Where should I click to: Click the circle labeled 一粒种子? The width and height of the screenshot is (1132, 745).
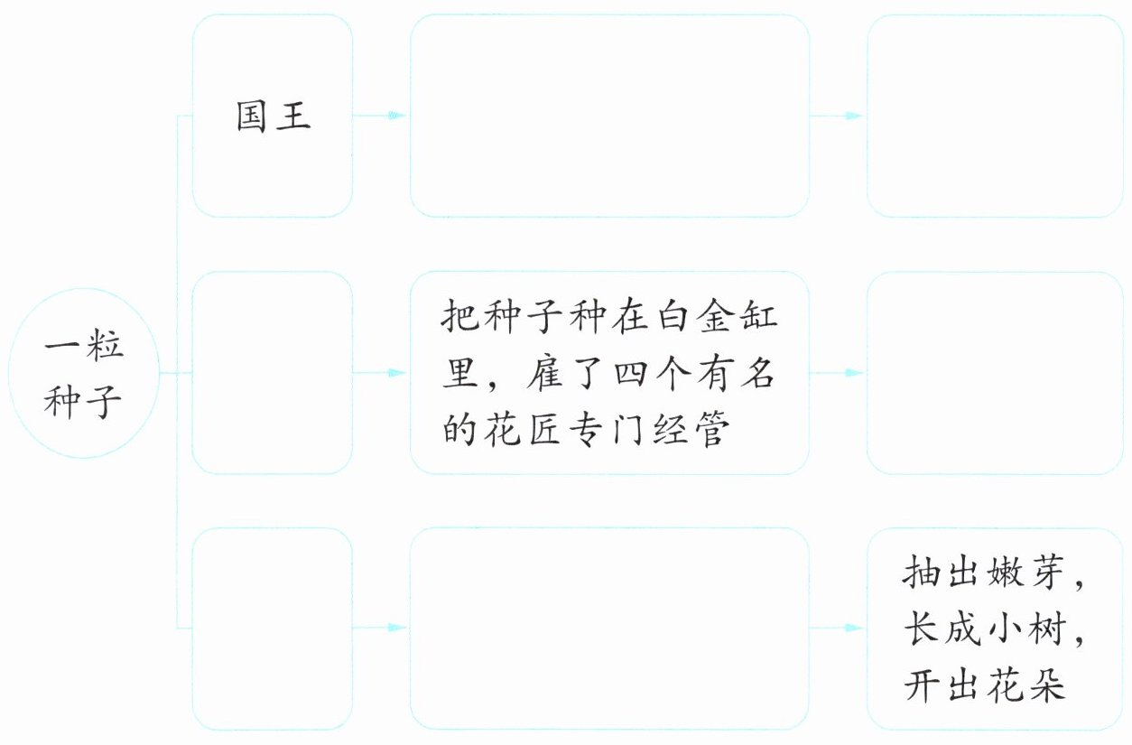tap(83, 372)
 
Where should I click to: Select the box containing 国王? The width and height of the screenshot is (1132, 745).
tap(273, 116)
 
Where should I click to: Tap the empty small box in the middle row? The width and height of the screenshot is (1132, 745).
tap(273, 372)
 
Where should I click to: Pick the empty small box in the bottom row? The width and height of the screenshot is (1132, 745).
tap(273, 629)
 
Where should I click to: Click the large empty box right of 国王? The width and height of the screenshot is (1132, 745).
tap(609, 116)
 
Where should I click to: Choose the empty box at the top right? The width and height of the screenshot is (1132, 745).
tap(995, 116)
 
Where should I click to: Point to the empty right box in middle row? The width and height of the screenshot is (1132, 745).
tap(995, 372)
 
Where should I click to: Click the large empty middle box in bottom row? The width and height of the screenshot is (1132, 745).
tap(609, 629)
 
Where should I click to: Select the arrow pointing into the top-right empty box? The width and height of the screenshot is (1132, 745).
tap(838, 116)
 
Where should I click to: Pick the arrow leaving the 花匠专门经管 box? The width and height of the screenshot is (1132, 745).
tap(838, 372)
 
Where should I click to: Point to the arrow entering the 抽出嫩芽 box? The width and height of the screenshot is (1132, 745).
tap(838, 628)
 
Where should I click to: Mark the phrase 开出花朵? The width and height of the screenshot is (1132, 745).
tap(984, 687)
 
